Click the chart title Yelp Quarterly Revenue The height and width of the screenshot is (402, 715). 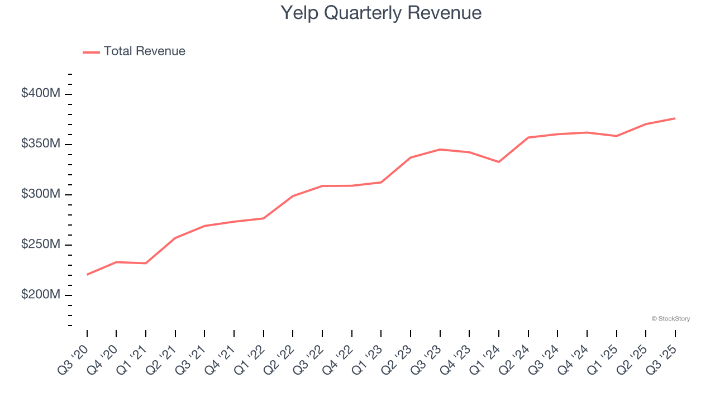click(380, 13)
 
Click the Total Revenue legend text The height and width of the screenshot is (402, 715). click(144, 51)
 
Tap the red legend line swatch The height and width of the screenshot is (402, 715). click(91, 52)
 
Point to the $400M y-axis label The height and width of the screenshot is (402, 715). click(41, 94)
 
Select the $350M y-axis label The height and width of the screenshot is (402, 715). click(41, 144)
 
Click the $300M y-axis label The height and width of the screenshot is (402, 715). click(41, 194)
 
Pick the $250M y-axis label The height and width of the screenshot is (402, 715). click(41, 245)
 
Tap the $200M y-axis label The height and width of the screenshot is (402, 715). click(41, 295)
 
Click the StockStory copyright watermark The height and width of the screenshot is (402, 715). click(670, 319)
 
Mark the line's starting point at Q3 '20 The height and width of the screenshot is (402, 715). click(87, 275)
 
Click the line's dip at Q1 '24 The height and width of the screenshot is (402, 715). click(499, 162)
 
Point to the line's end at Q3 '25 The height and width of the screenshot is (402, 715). click(675, 118)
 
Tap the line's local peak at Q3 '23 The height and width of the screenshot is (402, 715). click(440, 149)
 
